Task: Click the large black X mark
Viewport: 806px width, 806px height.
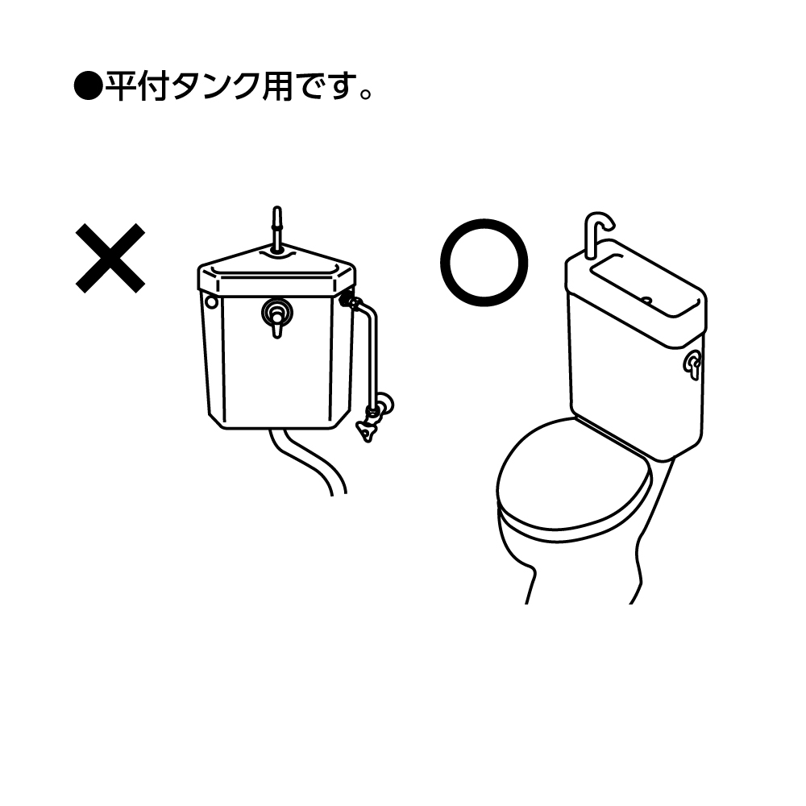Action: click(110, 259)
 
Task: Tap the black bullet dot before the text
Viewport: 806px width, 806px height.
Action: click(89, 86)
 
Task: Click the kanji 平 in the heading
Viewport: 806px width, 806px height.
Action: click(122, 86)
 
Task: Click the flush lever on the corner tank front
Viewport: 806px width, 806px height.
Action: click(277, 318)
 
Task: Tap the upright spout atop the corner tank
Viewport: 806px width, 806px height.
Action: click(277, 229)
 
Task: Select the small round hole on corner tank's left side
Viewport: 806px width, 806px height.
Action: click(210, 301)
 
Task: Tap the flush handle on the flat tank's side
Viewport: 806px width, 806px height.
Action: click(692, 364)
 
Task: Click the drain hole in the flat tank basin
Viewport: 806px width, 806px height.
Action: click(647, 300)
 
